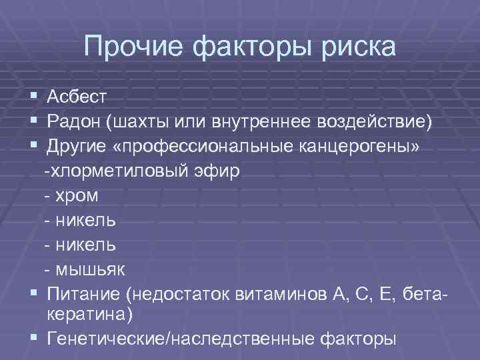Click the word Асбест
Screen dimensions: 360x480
pyautogui.click(x=77, y=98)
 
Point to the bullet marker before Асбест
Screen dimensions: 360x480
pyautogui.click(x=33, y=98)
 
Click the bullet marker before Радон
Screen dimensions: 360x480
pyautogui.click(x=33, y=123)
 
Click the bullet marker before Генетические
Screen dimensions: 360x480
pyautogui.click(x=33, y=337)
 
